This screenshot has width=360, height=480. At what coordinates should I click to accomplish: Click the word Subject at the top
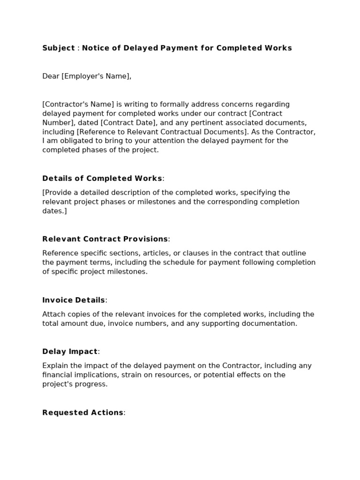[x=59, y=48]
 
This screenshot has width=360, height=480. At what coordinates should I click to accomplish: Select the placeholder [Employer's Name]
[x=96, y=76]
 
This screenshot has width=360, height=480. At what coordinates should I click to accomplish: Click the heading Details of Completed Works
[x=102, y=178]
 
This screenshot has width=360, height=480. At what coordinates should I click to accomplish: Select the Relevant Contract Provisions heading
[x=105, y=239]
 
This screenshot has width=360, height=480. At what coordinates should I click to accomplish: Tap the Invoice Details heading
[x=74, y=300]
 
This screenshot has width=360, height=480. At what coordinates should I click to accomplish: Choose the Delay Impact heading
[x=70, y=352]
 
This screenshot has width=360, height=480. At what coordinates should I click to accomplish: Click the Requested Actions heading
[x=83, y=412]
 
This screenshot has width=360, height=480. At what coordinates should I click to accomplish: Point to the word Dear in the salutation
[x=51, y=76]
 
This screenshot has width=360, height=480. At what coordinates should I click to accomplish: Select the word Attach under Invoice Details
[x=53, y=314]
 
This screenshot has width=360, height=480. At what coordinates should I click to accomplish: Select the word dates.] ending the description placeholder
[x=54, y=211]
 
